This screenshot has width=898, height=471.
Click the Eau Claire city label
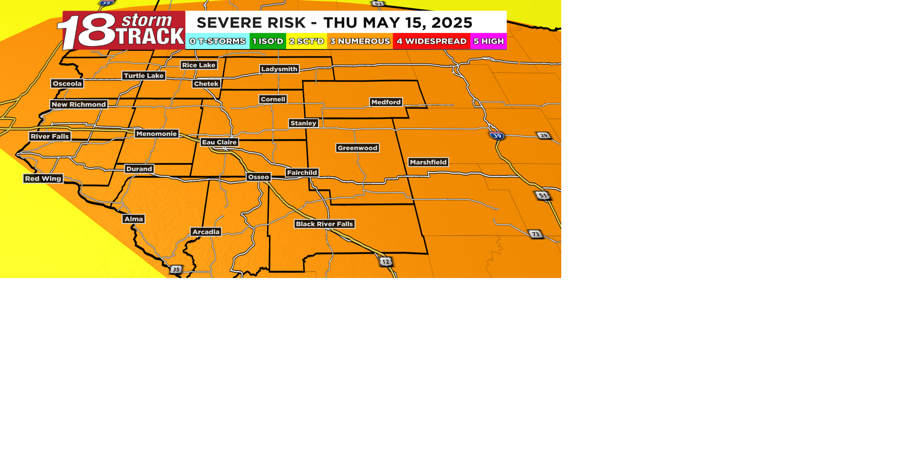(x=219, y=142)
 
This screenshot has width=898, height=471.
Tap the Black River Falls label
(x=324, y=224)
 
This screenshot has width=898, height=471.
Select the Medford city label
(x=386, y=102)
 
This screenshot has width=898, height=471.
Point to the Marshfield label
(x=428, y=162)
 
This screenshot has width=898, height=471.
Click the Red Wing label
(x=43, y=178)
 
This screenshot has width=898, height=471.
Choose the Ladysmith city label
(x=279, y=69)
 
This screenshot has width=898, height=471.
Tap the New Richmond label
(x=79, y=104)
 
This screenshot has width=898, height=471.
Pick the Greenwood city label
(x=357, y=148)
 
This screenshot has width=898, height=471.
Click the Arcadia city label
(x=206, y=232)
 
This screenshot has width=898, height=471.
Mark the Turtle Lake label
(x=144, y=76)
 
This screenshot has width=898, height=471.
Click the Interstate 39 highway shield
(x=497, y=136)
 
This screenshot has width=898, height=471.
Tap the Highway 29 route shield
(x=543, y=136)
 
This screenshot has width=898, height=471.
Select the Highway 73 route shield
(x=536, y=234)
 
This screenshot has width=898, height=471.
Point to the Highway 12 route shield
(x=385, y=262)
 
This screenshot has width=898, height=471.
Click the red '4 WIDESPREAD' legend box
(x=431, y=41)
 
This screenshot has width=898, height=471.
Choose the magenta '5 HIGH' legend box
(x=488, y=41)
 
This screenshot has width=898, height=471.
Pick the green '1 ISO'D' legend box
(x=268, y=41)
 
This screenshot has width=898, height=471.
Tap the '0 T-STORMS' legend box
(x=217, y=41)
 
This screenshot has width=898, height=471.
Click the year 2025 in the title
(x=452, y=22)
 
